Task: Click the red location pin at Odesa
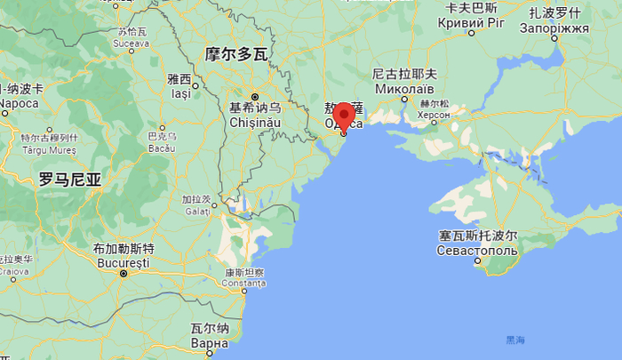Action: point(343,117)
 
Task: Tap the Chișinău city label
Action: point(255,121)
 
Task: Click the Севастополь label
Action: point(477,251)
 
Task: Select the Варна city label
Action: point(210,342)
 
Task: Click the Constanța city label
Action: point(243,283)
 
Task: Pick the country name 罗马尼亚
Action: point(69,179)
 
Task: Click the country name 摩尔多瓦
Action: point(235,53)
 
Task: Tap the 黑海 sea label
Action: point(515,340)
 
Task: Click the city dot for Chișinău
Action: point(254,96)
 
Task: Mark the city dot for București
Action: point(124,274)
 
